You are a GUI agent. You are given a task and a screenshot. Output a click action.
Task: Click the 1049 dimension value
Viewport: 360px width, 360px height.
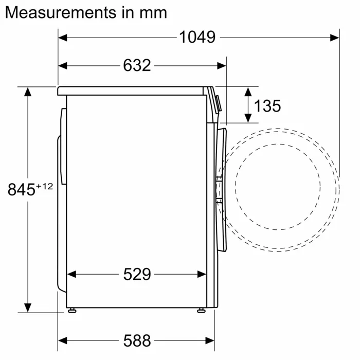[x=197, y=37]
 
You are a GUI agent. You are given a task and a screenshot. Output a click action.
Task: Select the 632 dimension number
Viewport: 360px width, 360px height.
[x=137, y=65]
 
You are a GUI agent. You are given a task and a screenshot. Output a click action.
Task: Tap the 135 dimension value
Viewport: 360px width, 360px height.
[x=267, y=106]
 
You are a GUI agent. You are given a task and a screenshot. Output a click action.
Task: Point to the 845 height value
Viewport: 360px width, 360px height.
[x=21, y=189]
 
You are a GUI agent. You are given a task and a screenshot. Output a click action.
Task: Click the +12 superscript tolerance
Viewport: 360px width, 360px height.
[x=44, y=186]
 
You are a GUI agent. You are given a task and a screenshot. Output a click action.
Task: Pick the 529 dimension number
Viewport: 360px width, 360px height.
[x=137, y=274]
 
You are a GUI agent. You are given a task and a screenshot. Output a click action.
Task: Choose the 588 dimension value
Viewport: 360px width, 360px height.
[x=137, y=340]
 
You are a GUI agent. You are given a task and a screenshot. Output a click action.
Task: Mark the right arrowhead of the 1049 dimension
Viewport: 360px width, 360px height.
[x=335, y=37]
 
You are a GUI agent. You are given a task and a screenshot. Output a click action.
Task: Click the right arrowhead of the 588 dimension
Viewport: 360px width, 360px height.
[x=210, y=340]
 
